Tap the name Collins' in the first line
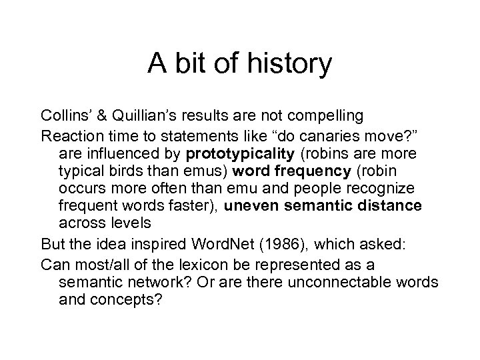coord(65,115)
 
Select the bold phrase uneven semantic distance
coord(323,206)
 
